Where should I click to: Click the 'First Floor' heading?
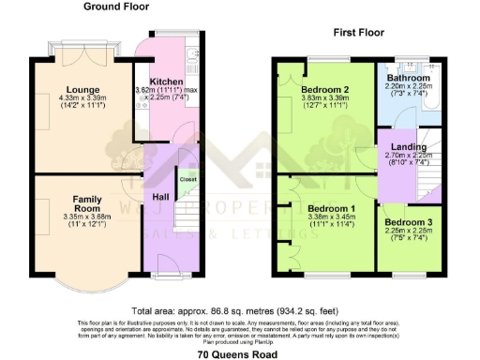[x=360, y=32]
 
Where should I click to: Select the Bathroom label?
[x=412, y=78]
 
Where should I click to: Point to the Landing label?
[x=409, y=147]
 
